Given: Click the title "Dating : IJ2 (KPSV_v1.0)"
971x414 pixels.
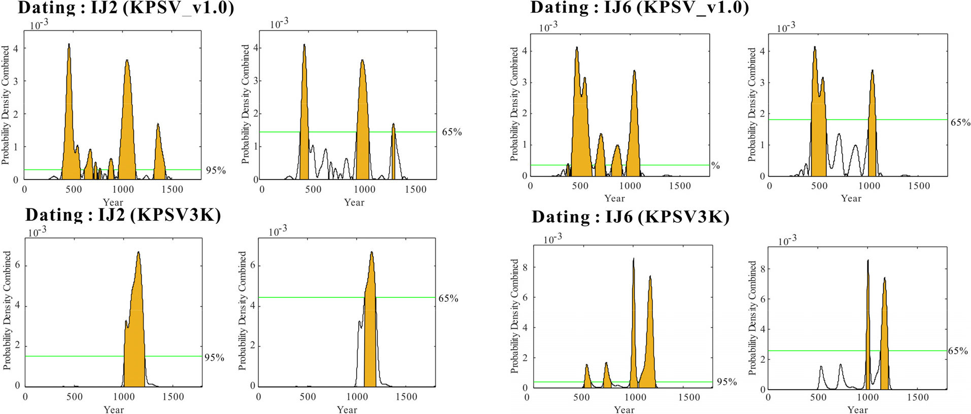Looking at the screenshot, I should click(x=126, y=8).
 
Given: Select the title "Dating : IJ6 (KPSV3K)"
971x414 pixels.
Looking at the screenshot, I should click(x=630, y=217).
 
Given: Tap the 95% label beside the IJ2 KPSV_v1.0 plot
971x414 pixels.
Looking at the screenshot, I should click(x=216, y=170).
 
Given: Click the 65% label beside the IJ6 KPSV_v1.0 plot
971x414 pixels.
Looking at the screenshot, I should click(x=960, y=123).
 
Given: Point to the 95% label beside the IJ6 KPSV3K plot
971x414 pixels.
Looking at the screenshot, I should click(x=726, y=382).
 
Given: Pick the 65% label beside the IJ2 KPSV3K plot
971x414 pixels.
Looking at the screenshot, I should click(x=448, y=298).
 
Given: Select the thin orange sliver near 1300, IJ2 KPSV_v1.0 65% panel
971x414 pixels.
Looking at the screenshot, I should click(x=393, y=152).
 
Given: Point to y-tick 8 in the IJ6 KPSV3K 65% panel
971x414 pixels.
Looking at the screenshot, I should click(x=762, y=269).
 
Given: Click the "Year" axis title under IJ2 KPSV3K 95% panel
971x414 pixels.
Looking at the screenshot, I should click(x=114, y=409).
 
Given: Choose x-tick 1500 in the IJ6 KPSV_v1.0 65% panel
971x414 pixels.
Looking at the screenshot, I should click(x=919, y=186).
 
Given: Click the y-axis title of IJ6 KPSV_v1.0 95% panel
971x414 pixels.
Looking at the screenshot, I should click(x=514, y=105).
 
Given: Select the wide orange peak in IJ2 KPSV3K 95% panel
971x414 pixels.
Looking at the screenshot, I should click(x=134, y=330).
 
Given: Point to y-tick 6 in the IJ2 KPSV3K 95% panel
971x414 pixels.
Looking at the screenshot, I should click(x=18, y=265).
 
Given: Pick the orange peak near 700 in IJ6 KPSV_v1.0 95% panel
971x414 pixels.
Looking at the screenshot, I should click(x=600, y=155).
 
